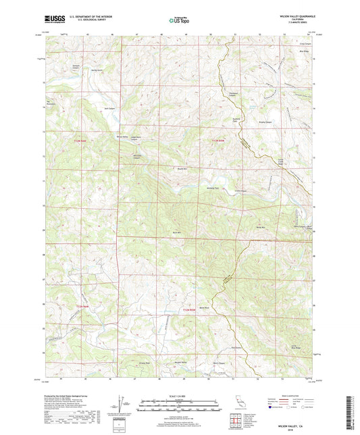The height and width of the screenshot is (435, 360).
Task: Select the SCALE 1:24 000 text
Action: pos(180,395)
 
